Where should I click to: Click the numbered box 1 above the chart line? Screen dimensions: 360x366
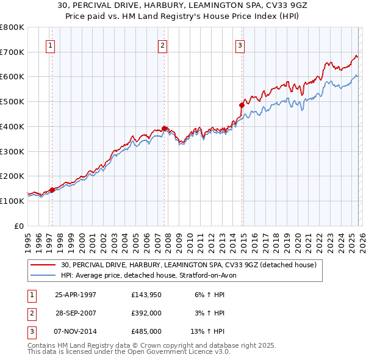coord(49,45)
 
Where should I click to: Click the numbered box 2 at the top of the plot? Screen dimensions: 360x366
coord(162,45)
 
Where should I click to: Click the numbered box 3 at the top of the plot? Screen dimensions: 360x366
coord(240,45)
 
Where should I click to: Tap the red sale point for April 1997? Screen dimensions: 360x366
coord(52,190)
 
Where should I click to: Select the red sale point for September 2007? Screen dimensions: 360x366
coord(165,128)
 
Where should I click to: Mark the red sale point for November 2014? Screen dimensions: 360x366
coord(242,105)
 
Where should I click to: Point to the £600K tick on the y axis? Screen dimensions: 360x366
coord(12,77)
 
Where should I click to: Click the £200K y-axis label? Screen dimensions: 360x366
coord(12,176)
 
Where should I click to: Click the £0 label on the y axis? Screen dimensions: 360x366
coord(18,226)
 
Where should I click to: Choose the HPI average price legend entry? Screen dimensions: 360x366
coord(152,275)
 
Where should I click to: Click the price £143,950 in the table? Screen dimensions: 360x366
coord(146,295)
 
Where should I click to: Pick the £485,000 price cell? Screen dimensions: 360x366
coord(146,331)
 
